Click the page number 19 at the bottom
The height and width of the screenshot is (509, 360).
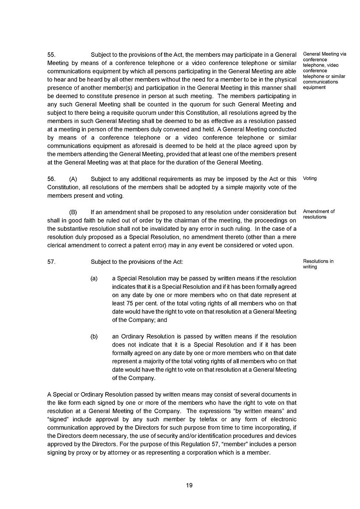189,486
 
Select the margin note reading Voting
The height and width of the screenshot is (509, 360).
310,179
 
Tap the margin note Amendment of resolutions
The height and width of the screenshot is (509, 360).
318,214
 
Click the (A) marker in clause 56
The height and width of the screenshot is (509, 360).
73,179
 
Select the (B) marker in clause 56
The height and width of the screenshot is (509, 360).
73,212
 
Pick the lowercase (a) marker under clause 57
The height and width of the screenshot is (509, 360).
94,279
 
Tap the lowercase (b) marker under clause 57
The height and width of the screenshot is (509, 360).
94,337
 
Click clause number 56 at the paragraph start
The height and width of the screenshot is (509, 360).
51,179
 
